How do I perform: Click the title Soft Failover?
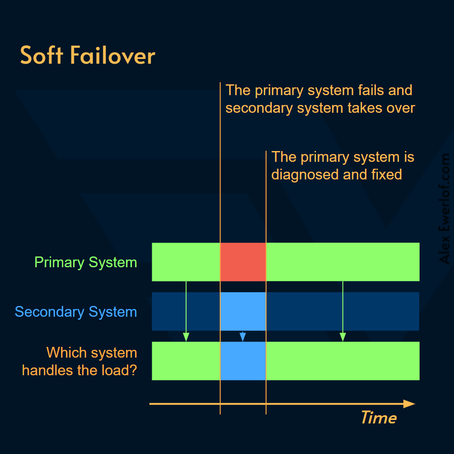(x=87, y=56)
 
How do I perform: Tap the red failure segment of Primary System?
(x=243, y=262)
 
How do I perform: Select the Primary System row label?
(x=86, y=262)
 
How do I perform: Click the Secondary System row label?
(x=76, y=312)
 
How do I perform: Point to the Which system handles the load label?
(x=80, y=361)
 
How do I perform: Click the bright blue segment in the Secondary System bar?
(x=243, y=311)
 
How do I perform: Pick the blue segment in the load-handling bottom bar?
(x=243, y=361)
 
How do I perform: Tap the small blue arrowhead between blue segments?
(x=242, y=338)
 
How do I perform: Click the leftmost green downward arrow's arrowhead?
(x=186, y=337)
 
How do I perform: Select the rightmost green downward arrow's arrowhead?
(x=343, y=337)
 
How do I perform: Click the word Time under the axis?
(x=378, y=417)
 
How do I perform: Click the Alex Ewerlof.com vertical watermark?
(x=445, y=209)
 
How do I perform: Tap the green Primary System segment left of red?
(x=186, y=262)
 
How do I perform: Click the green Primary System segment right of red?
(x=343, y=262)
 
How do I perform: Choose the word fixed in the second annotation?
(x=386, y=174)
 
